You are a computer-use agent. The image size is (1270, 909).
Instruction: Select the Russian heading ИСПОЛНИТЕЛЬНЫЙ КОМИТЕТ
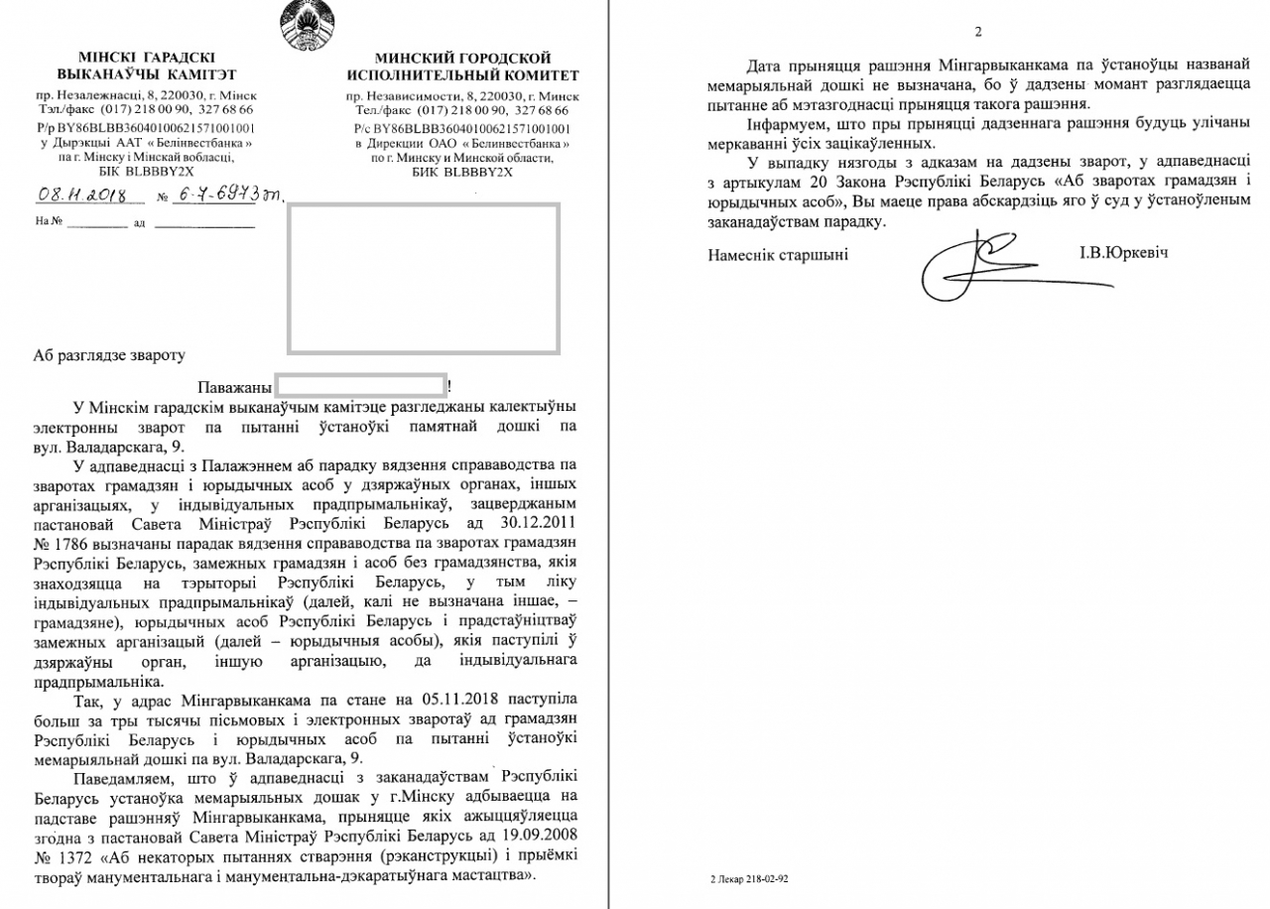[462, 75]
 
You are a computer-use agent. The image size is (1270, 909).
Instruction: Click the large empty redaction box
[423, 278]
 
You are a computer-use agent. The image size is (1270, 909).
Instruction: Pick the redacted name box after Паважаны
[360, 386]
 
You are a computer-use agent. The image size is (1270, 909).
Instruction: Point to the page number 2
[978, 32]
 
